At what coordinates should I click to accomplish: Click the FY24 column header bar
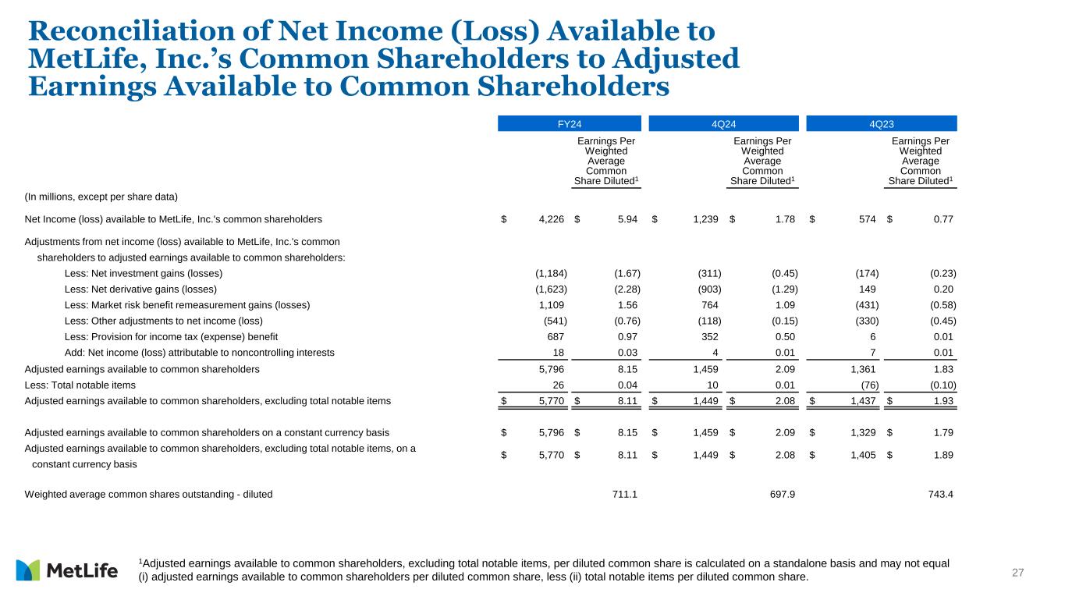tap(569, 123)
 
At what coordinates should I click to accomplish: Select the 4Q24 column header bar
tap(723, 123)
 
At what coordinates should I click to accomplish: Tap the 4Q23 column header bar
tap(881, 123)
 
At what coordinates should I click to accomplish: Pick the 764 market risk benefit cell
tap(708, 305)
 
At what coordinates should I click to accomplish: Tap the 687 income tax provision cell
tap(555, 337)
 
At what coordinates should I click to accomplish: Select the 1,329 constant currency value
tap(863, 432)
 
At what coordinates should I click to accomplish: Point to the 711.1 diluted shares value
tap(623, 495)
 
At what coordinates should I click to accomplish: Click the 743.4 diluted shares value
tap(938, 495)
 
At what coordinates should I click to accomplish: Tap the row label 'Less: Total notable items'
tap(80, 385)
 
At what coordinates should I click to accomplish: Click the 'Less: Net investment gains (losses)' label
tap(143, 273)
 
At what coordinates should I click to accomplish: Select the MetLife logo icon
tap(27, 570)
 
